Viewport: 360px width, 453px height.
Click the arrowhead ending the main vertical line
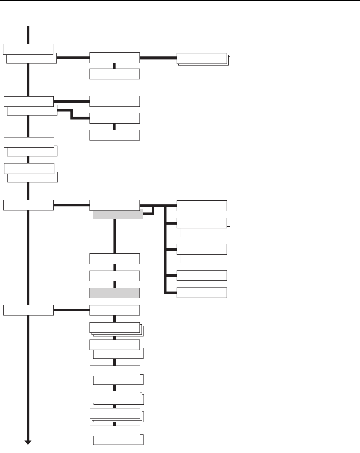28,443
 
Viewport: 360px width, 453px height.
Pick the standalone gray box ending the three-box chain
114,293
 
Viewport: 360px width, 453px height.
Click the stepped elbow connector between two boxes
72,114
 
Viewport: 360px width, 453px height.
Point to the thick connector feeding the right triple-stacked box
158,58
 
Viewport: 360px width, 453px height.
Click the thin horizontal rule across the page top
180,1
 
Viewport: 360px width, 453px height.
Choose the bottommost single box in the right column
202,293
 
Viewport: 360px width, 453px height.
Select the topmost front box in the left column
28,49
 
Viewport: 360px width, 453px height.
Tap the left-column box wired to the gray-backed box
28,205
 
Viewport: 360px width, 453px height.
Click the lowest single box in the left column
28,310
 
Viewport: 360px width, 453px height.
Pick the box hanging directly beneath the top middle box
114,74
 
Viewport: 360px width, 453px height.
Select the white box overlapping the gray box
114,205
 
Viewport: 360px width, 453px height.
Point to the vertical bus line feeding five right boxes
165,250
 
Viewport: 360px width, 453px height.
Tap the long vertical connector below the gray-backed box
115,236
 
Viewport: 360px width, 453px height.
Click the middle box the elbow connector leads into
114,118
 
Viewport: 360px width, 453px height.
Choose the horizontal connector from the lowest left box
71,310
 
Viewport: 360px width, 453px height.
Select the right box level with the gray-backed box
202,205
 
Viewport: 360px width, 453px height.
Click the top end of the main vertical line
28,27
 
